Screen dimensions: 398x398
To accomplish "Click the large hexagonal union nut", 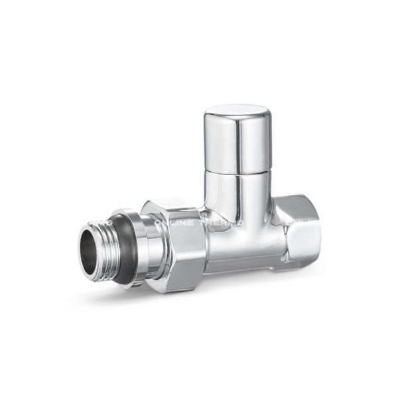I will coord(179,242).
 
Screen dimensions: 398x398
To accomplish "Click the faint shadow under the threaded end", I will coord(106,287).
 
